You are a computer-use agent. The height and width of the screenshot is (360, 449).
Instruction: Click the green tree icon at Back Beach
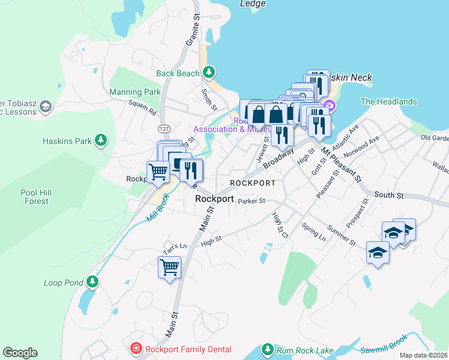coord(208,73)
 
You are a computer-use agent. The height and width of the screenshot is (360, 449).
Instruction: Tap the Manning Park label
coord(135,92)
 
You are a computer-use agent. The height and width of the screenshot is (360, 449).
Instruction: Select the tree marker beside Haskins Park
coord(101,141)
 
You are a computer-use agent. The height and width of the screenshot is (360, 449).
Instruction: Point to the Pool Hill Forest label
coord(34,197)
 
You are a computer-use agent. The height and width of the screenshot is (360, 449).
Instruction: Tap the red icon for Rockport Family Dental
coord(136,349)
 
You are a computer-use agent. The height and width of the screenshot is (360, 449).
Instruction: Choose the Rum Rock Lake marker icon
coord(268,349)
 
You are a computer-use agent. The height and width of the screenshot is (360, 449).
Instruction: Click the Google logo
coord(20,353)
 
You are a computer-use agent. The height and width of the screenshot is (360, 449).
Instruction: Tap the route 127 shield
coord(163,129)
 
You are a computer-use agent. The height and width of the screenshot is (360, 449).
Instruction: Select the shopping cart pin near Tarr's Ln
coord(169,266)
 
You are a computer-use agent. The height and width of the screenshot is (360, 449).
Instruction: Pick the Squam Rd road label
coord(142,107)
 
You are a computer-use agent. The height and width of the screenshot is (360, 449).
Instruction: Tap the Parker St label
coord(251,202)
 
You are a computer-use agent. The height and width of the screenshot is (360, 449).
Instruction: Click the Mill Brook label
coord(159,210)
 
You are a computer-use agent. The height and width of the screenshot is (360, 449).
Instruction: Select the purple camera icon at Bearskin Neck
coord(329,106)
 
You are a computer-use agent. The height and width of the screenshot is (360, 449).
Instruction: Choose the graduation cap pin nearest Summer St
coord(378,253)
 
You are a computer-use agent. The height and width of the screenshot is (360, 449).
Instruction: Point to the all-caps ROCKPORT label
coord(253,183)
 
